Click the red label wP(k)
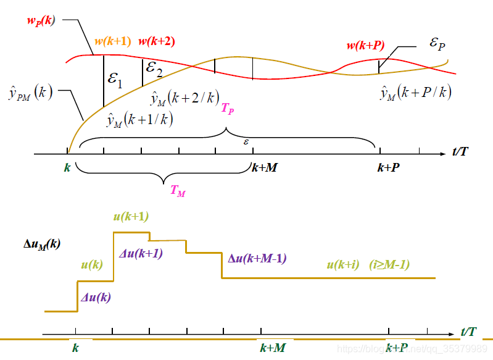click(41, 20)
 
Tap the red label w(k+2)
click(156, 42)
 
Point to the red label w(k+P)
click(365, 45)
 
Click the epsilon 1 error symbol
click(115, 78)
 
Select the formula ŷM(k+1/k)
click(139, 120)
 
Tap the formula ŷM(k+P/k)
click(416, 93)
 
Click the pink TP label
click(227, 109)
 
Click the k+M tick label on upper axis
click(264, 167)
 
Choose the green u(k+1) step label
click(131, 216)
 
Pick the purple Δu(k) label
click(96, 298)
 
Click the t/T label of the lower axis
click(468, 332)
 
